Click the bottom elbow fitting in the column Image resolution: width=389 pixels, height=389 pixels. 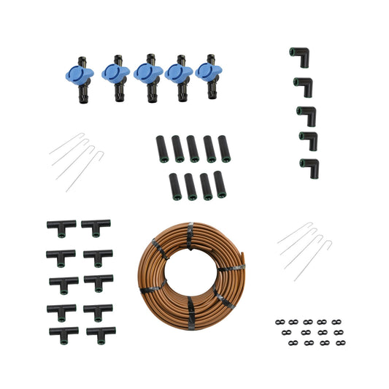pos(309,167)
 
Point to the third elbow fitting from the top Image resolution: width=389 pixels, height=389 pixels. pos(306,115)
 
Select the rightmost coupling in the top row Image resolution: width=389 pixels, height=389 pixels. pos(224,148)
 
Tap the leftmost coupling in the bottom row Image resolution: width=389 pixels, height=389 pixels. pos(175,186)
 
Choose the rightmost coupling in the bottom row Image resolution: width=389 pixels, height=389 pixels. pos(220,184)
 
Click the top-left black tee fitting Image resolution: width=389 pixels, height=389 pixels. pos(61,227)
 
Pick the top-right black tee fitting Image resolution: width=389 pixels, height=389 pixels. pos(96,226)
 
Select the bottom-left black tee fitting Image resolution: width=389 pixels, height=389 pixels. pos(63,334)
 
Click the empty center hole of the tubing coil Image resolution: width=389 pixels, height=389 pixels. pos(191,271)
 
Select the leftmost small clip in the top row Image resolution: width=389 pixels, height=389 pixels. pos(280,321)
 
